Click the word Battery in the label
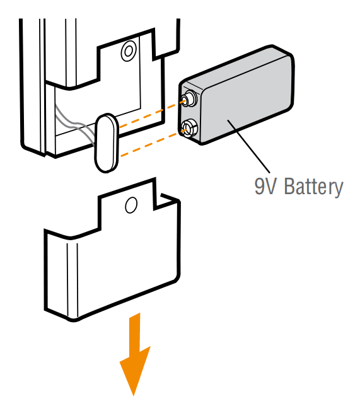click(x=313, y=187)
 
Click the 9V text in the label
click(x=265, y=185)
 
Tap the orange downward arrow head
click(x=134, y=369)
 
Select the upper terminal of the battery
click(x=189, y=99)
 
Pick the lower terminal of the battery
click(x=189, y=129)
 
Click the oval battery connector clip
click(x=107, y=143)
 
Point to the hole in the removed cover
click(x=131, y=205)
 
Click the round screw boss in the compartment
click(x=129, y=51)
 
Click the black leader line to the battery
click(x=248, y=146)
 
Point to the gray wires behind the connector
click(x=75, y=125)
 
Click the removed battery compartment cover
click(x=112, y=250)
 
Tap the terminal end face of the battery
click(x=189, y=113)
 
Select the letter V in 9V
click(x=272, y=186)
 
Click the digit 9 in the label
click(x=260, y=186)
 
